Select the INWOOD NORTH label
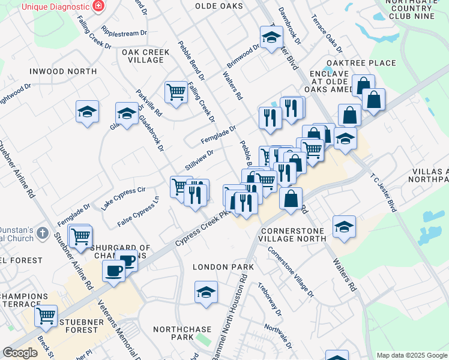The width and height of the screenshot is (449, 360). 63,71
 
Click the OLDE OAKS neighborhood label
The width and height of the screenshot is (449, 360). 219,6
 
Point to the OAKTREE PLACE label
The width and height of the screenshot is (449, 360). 361,63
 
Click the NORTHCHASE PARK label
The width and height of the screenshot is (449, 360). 182,334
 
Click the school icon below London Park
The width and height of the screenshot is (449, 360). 205,292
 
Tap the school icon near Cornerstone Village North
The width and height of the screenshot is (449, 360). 344,227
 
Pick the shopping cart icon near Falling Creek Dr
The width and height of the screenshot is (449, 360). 176,92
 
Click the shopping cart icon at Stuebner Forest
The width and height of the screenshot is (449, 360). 46,316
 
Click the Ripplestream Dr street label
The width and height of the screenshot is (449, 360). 124,33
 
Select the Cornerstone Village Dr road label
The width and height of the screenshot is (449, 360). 291,272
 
